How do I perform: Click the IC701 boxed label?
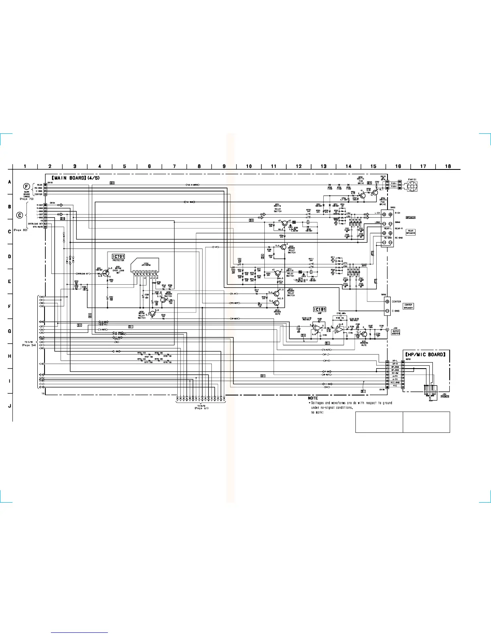click(x=118, y=256)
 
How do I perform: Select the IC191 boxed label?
click(x=319, y=309)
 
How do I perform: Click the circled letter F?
click(x=26, y=186)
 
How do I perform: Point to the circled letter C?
click(x=20, y=216)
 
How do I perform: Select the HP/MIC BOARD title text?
click(x=425, y=355)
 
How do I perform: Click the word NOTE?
click(x=313, y=398)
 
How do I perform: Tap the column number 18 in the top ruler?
click(x=448, y=166)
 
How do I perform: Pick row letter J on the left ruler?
click(x=9, y=406)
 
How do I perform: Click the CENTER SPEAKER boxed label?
click(x=408, y=306)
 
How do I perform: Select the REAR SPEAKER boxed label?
click(x=410, y=232)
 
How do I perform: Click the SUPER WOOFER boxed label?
click(x=396, y=332)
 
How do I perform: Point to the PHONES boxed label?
click(x=444, y=396)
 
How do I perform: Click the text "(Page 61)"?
click(x=201, y=408)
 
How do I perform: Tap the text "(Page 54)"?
click(x=29, y=345)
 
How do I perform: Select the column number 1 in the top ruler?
click(x=25, y=166)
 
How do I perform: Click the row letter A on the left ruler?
click(x=9, y=181)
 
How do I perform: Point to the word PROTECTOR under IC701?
click(x=118, y=261)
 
